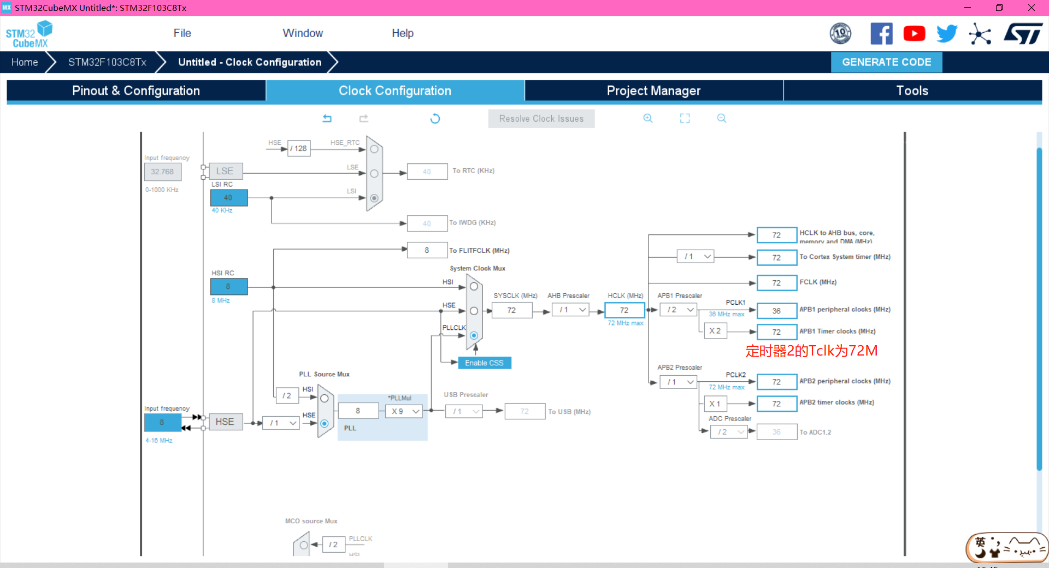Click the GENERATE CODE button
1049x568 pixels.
click(886, 62)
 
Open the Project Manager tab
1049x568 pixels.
click(653, 91)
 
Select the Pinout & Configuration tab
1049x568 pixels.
click(136, 91)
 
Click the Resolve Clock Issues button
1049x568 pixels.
click(541, 119)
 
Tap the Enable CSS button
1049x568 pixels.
click(484, 363)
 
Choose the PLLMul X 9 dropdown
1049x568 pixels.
click(405, 411)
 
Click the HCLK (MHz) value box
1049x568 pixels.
click(624, 310)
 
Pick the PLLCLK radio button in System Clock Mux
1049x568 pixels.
click(474, 335)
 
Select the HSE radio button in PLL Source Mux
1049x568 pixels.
click(325, 423)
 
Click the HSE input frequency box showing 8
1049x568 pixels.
click(162, 422)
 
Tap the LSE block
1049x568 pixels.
click(225, 171)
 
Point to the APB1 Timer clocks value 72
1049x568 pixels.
click(776, 332)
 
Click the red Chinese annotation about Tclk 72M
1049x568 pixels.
click(811, 351)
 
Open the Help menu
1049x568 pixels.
click(403, 33)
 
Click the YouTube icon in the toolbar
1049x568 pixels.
click(914, 34)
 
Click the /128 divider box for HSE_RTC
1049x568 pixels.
click(299, 149)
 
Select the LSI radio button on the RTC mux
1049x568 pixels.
click(374, 198)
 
